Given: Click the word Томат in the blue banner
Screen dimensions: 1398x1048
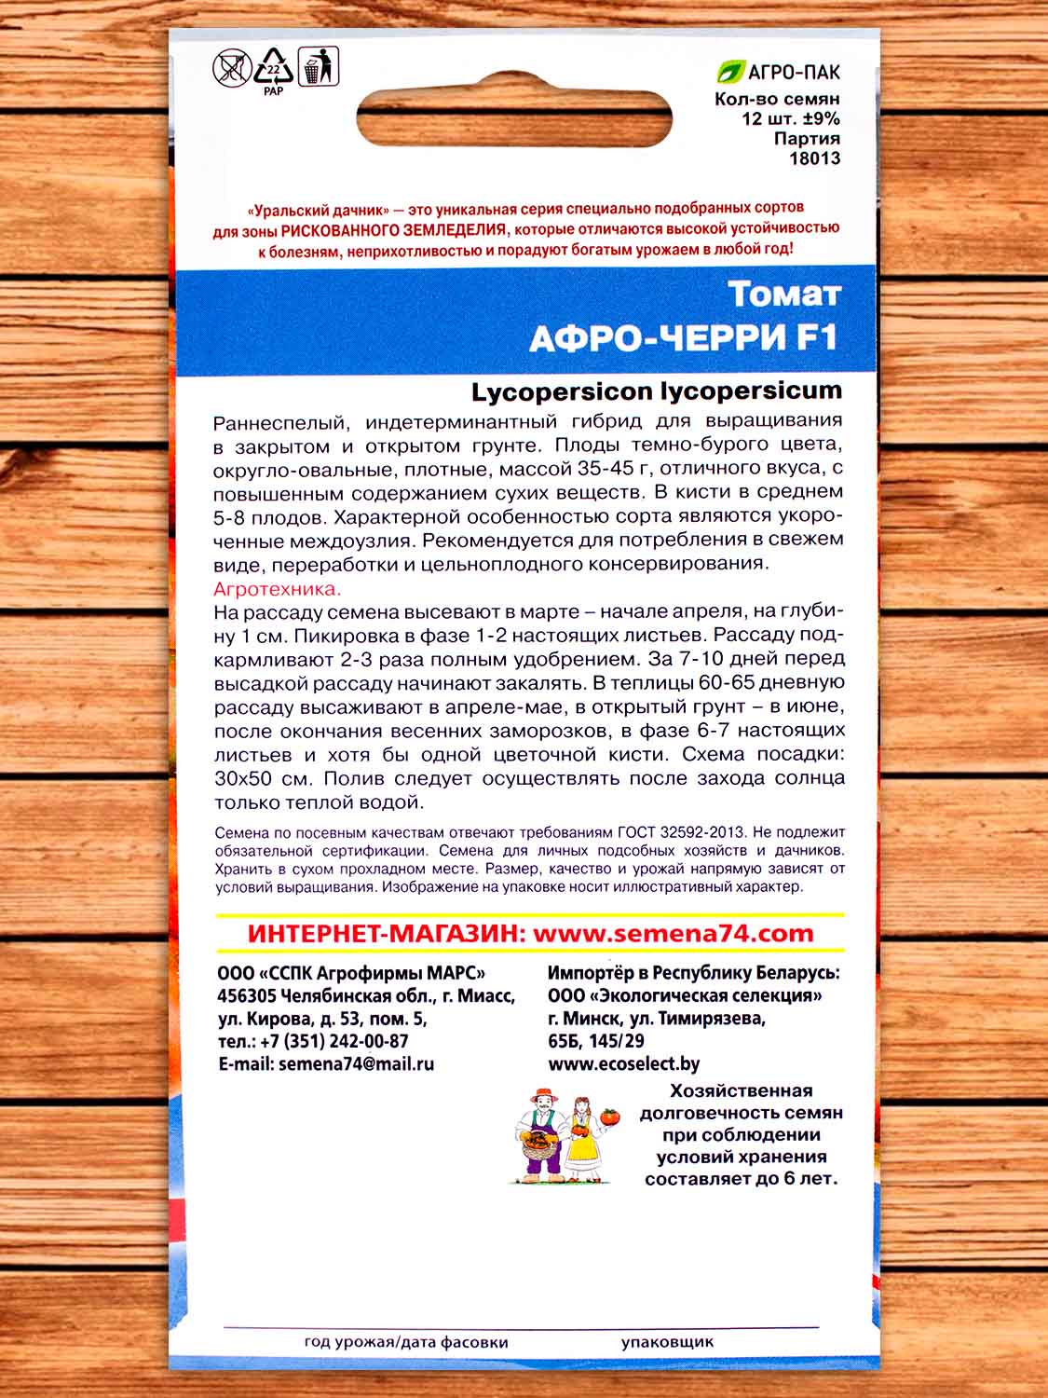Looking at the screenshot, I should [784, 294].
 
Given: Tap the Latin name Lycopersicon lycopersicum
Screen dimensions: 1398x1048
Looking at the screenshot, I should [657, 391].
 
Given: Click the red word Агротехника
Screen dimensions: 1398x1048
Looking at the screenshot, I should [278, 589].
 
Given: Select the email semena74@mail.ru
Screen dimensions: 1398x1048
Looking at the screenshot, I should [356, 1063].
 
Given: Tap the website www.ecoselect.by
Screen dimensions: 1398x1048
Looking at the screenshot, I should [624, 1063].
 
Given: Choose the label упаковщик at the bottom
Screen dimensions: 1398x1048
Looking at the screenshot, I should [667, 1342].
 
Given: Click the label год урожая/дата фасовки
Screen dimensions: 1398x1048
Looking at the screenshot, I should [406, 1342].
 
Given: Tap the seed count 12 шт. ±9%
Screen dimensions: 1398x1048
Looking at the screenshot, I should [791, 118].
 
